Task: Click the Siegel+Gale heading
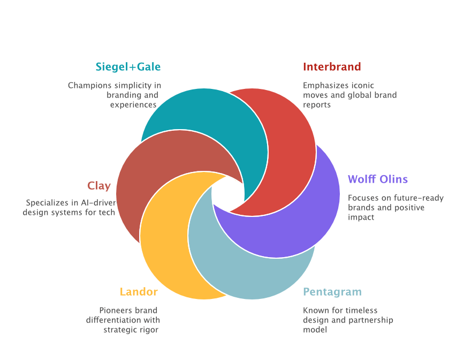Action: tap(128, 67)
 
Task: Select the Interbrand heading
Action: tap(332, 67)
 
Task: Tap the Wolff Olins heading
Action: tap(378, 179)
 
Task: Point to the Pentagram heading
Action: tap(332, 292)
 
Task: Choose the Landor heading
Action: tap(139, 292)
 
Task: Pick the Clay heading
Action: tap(99, 186)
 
